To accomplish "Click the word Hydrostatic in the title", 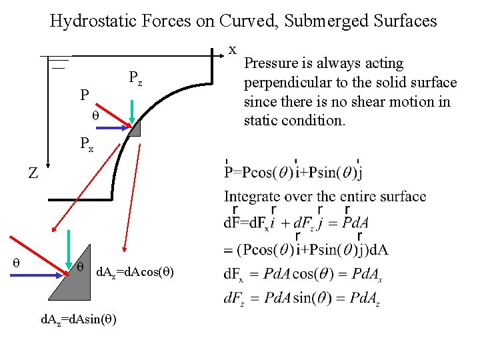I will [87, 21].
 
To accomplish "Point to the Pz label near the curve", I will [135, 79].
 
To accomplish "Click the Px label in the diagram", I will [86, 142].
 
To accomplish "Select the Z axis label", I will [33, 173].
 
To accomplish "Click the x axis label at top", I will [233, 49].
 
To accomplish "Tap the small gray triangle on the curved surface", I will [135, 129].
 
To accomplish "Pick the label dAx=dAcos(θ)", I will [135, 272].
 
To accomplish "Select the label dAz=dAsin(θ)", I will [79, 319].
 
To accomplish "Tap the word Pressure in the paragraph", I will [272, 64].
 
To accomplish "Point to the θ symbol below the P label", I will [95, 115].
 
